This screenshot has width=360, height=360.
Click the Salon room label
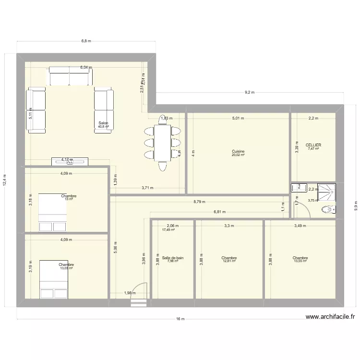103,123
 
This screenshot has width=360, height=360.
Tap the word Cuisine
238,151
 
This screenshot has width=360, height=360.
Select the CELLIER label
313,144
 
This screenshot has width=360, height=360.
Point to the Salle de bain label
172,258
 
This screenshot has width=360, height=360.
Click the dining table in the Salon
162,143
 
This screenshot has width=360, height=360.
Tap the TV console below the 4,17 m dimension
70,161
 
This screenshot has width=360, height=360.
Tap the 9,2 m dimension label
249,93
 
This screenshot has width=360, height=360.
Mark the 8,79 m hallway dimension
199,202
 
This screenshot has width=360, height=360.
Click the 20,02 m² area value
238,155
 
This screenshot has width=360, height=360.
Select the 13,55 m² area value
300,262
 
